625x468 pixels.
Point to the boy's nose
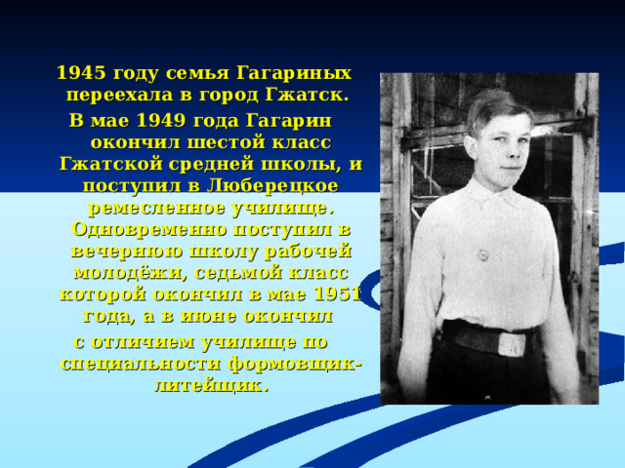coord(493,146)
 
